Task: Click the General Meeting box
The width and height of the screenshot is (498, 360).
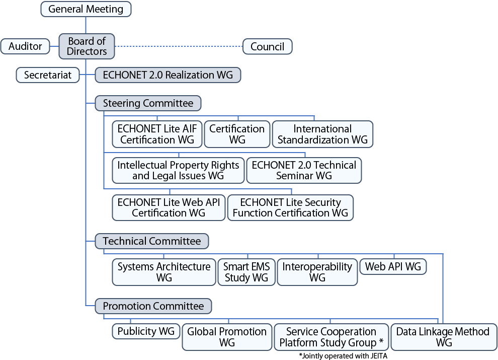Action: (x=86, y=9)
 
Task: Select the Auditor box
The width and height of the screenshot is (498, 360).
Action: (x=25, y=46)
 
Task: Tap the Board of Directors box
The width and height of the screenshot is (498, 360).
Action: (x=87, y=46)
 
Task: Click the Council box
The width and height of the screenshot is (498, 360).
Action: (x=267, y=46)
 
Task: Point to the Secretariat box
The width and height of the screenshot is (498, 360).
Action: (x=48, y=75)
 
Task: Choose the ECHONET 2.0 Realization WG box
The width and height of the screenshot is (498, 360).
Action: (x=168, y=75)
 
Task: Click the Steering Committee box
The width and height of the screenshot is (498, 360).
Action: (x=148, y=103)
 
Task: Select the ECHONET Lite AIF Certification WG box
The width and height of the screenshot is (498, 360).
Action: (x=156, y=134)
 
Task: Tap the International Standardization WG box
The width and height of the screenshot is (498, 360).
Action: (x=322, y=134)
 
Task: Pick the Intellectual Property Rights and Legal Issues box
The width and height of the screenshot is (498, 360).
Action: (x=178, y=170)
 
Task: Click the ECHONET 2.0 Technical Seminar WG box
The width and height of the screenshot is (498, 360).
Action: (x=304, y=170)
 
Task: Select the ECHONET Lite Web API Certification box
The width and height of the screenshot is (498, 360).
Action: (x=169, y=207)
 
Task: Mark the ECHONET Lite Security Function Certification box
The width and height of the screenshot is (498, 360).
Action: (x=290, y=207)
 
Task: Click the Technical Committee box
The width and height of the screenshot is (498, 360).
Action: (x=151, y=241)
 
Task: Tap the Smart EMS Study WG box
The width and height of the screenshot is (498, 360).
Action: (x=246, y=272)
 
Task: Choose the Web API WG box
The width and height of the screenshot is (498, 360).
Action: (x=393, y=266)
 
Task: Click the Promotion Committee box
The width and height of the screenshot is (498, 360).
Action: (x=153, y=306)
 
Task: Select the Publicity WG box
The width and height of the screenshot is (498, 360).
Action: (x=146, y=331)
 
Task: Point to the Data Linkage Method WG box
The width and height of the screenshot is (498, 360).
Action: (x=443, y=337)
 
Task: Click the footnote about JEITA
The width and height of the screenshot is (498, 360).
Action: (x=343, y=355)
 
